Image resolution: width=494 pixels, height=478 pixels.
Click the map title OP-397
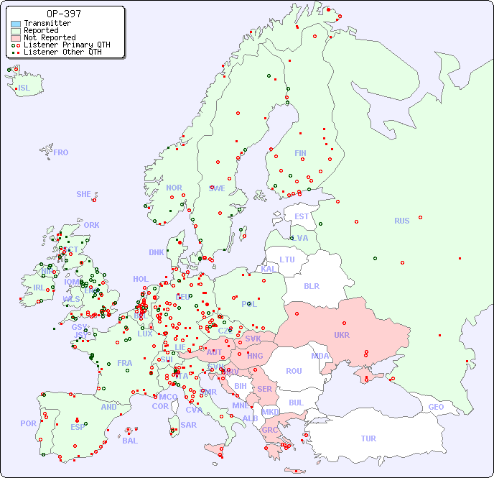63,14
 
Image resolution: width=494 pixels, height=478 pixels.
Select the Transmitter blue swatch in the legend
16,24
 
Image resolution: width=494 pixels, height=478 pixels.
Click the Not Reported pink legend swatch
16,37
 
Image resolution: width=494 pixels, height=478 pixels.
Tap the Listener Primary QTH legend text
67,45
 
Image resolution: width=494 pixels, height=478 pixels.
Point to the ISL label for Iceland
24,88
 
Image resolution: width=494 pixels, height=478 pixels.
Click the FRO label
61,152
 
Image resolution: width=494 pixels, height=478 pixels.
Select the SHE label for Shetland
84,194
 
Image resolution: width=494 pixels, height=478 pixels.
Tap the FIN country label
300,153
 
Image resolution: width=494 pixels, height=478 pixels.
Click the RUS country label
401,221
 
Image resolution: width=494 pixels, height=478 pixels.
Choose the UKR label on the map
342,335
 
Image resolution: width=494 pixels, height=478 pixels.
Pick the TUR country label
368,438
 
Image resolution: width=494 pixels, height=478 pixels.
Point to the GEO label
436,407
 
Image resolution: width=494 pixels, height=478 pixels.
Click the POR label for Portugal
28,423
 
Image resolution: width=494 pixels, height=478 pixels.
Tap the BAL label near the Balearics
130,441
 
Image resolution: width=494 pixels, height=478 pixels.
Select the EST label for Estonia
302,216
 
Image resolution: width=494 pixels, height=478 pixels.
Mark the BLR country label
312,285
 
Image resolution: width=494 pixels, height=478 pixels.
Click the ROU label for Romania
294,371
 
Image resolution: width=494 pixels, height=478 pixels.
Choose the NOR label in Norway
174,188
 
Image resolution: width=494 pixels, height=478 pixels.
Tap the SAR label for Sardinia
189,425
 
